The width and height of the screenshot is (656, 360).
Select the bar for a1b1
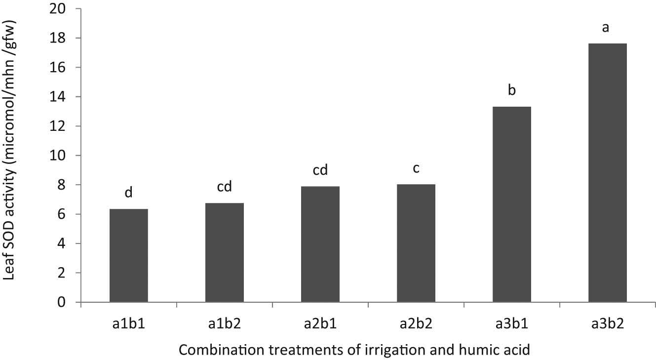[x=128, y=255]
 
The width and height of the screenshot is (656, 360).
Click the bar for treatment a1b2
[x=224, y=252]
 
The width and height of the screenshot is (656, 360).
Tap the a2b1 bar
[x=320, y=244]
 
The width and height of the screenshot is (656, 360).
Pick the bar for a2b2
[x=416, y=243]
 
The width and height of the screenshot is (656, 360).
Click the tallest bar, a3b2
[x=607, y=173]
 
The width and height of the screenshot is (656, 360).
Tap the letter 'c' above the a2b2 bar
[x=416, y=169]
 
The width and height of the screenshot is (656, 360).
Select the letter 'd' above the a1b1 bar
[x=128, y=193]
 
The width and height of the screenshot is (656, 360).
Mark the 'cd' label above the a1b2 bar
[x=224, y=187]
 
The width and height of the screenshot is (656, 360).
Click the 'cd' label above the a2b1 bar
[x=320, y=170]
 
